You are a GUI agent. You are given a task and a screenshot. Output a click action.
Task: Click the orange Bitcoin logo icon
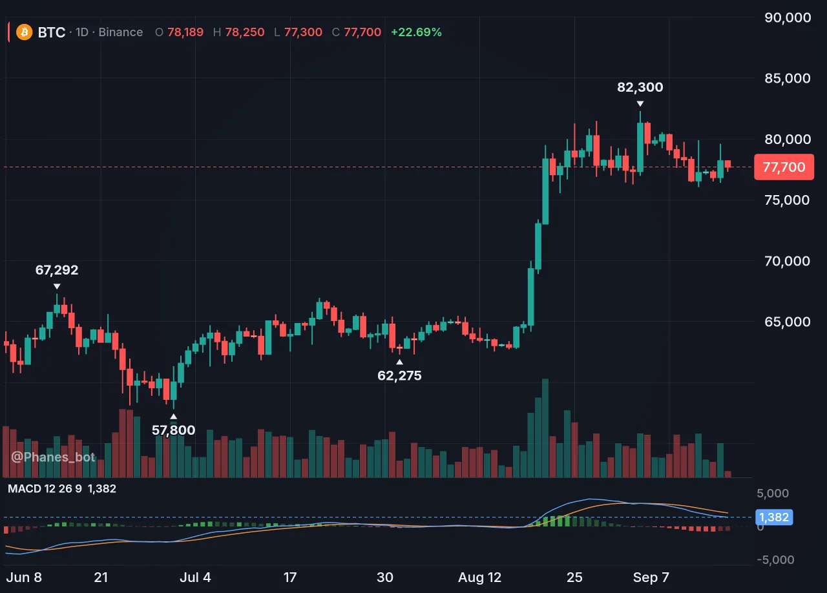[25, 32]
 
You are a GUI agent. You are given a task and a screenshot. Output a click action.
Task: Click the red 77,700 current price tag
[784, 167]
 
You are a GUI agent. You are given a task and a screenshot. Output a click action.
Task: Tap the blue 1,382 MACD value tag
[774, 517]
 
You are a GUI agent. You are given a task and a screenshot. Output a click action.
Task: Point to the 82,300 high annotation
[640, 87]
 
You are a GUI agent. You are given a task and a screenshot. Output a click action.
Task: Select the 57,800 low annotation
[174, 430]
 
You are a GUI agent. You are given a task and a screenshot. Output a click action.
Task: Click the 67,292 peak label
[57, 270]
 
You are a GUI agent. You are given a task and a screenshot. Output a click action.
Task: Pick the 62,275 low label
[399, 375]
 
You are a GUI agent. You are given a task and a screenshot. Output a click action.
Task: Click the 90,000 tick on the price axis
[788, 17]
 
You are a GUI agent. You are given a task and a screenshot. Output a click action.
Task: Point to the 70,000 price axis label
[787, 261]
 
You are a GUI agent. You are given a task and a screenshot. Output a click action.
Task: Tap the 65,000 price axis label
[787, 322]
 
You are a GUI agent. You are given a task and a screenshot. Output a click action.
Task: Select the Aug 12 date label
[479, 577]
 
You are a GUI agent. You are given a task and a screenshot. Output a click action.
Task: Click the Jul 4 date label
[195, 577]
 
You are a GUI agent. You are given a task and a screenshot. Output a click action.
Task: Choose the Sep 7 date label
[651, 577]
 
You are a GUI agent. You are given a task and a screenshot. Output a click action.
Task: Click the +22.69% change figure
[416, 32]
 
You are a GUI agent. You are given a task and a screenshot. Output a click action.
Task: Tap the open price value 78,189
[185, 32]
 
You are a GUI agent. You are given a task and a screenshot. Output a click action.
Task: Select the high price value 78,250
[245, 32]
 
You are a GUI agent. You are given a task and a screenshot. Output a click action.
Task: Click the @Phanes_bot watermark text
[53, 457]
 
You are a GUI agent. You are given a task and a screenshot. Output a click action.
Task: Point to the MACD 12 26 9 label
[45, 488]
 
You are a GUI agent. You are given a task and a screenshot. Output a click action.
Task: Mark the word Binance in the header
[121, 32]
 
